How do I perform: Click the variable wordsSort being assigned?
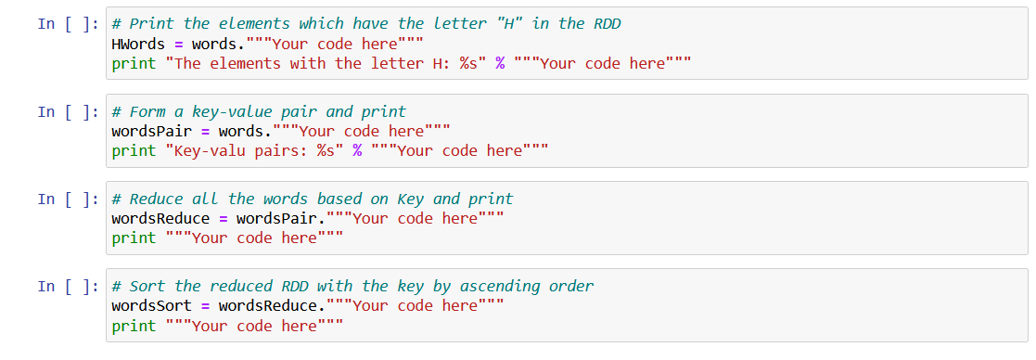[152, 305]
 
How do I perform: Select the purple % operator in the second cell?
[357, 150]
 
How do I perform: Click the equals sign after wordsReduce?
[223, 218]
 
